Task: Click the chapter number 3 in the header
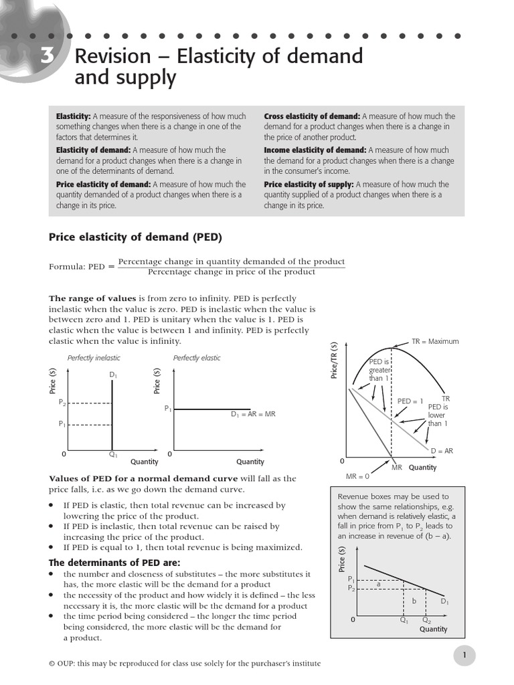(46, 57)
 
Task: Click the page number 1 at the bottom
(464, 656)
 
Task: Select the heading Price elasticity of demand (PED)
(135, 237)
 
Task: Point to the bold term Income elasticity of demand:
(315, 150)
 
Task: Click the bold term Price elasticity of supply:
(309, 184)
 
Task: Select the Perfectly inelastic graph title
(94, 358)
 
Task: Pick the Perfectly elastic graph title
(197, 358)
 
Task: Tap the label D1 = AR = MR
(253, 414)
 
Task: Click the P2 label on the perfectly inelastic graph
(62, 402)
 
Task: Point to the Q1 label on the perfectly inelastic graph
(113, 455)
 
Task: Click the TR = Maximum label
(435, 341)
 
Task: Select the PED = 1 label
(410, 401)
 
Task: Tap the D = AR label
(441, 451)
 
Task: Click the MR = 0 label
(357, 476)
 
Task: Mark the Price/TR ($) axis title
(334, 360)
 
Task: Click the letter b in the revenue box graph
(414, 601)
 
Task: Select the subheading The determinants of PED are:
(114, 563)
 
